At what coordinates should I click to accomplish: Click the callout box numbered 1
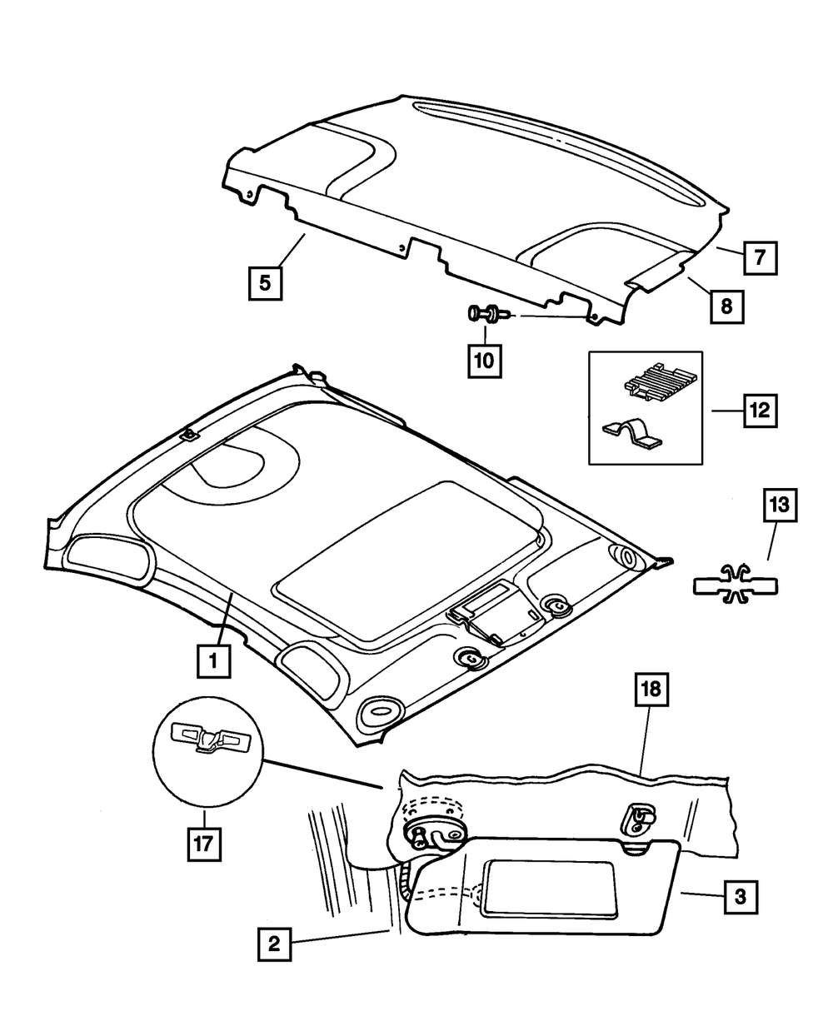(213, 662)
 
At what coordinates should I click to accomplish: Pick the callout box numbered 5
(264, 282)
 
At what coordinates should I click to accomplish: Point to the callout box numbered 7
(760, 257)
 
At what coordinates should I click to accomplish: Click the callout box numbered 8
(726, 306)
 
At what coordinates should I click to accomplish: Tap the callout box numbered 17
(202, 842)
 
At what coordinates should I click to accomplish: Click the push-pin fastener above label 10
(486, 315)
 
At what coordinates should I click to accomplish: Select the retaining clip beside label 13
(736, 581)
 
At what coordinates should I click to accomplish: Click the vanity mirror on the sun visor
(550, 891)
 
